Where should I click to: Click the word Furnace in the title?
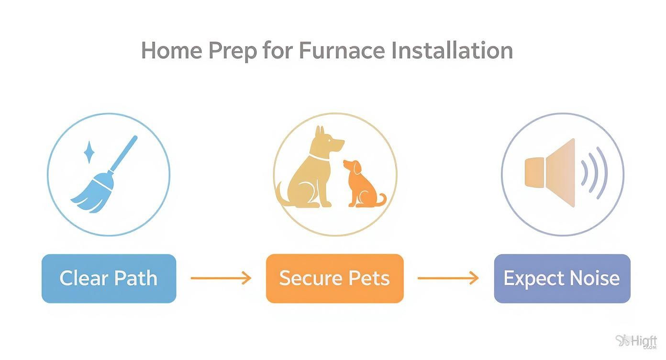342,50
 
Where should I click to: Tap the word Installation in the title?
452,50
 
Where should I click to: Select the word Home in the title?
170,50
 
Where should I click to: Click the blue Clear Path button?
109,278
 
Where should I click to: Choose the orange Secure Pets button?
334,278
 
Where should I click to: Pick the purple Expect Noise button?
562,278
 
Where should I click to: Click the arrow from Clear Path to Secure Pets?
221,278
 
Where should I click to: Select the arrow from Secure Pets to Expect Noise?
448,278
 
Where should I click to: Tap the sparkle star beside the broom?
89,152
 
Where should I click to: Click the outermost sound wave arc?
602,172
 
